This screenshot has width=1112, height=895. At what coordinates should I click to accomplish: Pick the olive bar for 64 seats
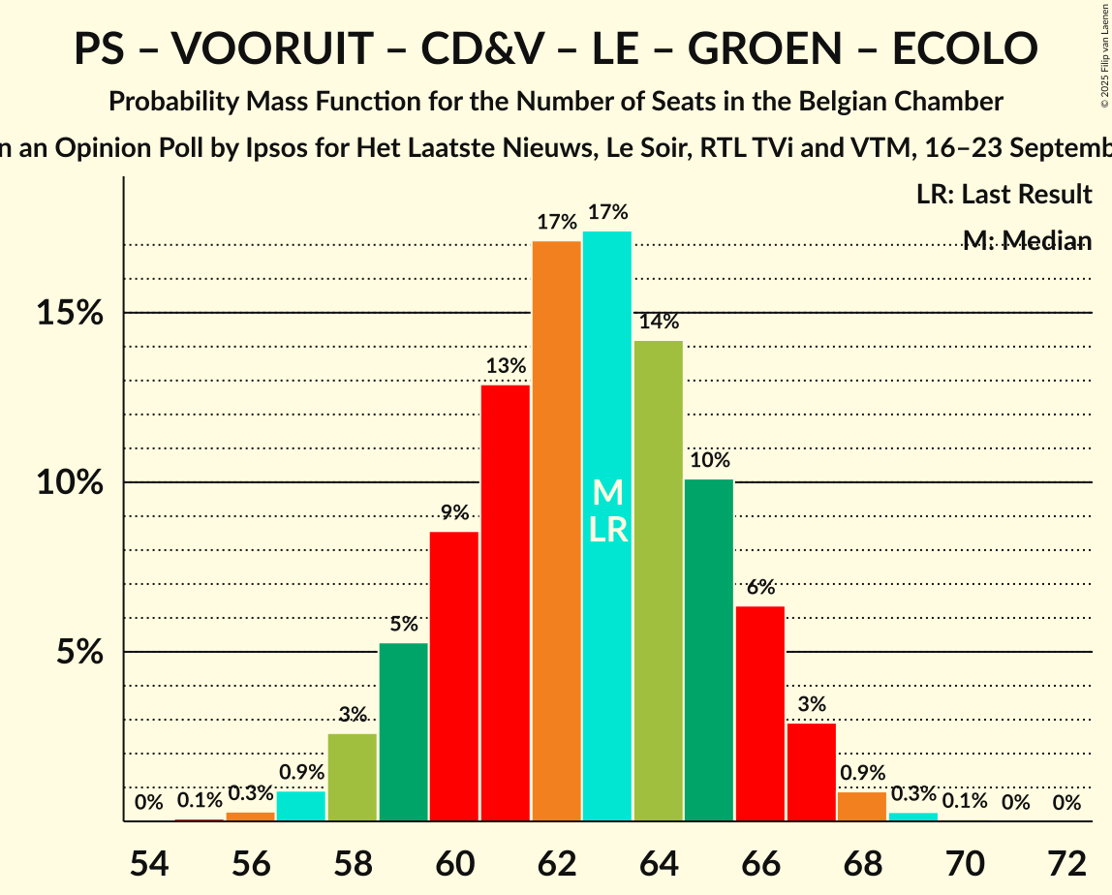pyautogui.click(x=659, y=581)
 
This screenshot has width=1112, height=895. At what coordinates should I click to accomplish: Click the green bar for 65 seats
pyautogui.click(x=709, y=650)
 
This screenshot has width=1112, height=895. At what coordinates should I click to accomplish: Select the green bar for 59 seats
pyautogui.click(x=404, y=731)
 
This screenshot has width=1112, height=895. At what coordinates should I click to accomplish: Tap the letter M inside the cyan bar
pyautogui.click(x=607, y=493)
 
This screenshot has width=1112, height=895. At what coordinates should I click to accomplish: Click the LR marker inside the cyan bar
pyautogui.click(x=607, y=530)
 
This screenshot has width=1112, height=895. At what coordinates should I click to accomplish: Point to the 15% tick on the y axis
pyautogui.click(x=70, y=313)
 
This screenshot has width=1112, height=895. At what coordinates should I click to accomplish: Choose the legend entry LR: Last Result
pyautogui.click(x=1004, y=195)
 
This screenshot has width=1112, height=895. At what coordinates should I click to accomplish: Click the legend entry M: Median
pyautogui.click(x=1027, y=241)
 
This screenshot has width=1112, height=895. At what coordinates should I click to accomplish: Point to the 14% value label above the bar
pyautogui.click(x=659, y=322)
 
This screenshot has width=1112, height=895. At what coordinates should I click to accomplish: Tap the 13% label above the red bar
pyautogui.click(x=506, y=366)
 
